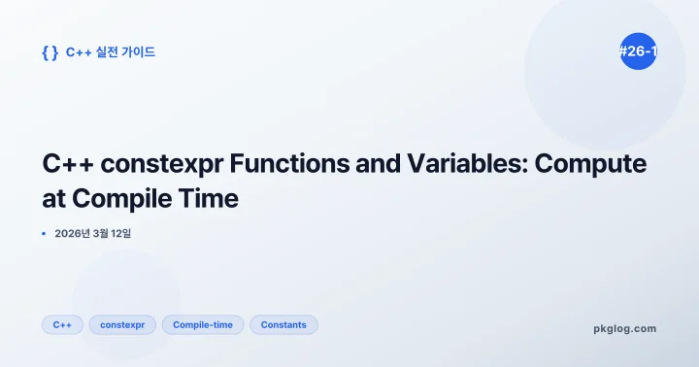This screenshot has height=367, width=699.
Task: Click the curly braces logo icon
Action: [x=50, y=52]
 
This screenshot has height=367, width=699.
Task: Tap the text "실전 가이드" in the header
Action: [x=126, y=52]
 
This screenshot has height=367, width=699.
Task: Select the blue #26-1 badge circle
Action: [x=637, y=51]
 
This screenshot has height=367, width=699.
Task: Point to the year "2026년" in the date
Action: [x=76, y=234]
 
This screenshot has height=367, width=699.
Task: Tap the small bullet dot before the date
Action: [x=45, y=234]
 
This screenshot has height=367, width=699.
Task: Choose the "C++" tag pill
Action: [x=62, y=324]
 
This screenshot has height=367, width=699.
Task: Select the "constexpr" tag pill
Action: [x=122, y=324]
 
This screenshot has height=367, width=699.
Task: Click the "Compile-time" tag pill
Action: [x=203, y=324]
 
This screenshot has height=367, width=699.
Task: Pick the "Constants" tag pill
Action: [x=283, y=324]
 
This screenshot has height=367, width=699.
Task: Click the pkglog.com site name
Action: [x=624, y=329]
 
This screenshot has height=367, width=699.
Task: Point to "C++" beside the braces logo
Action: [x=79, y=52]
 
